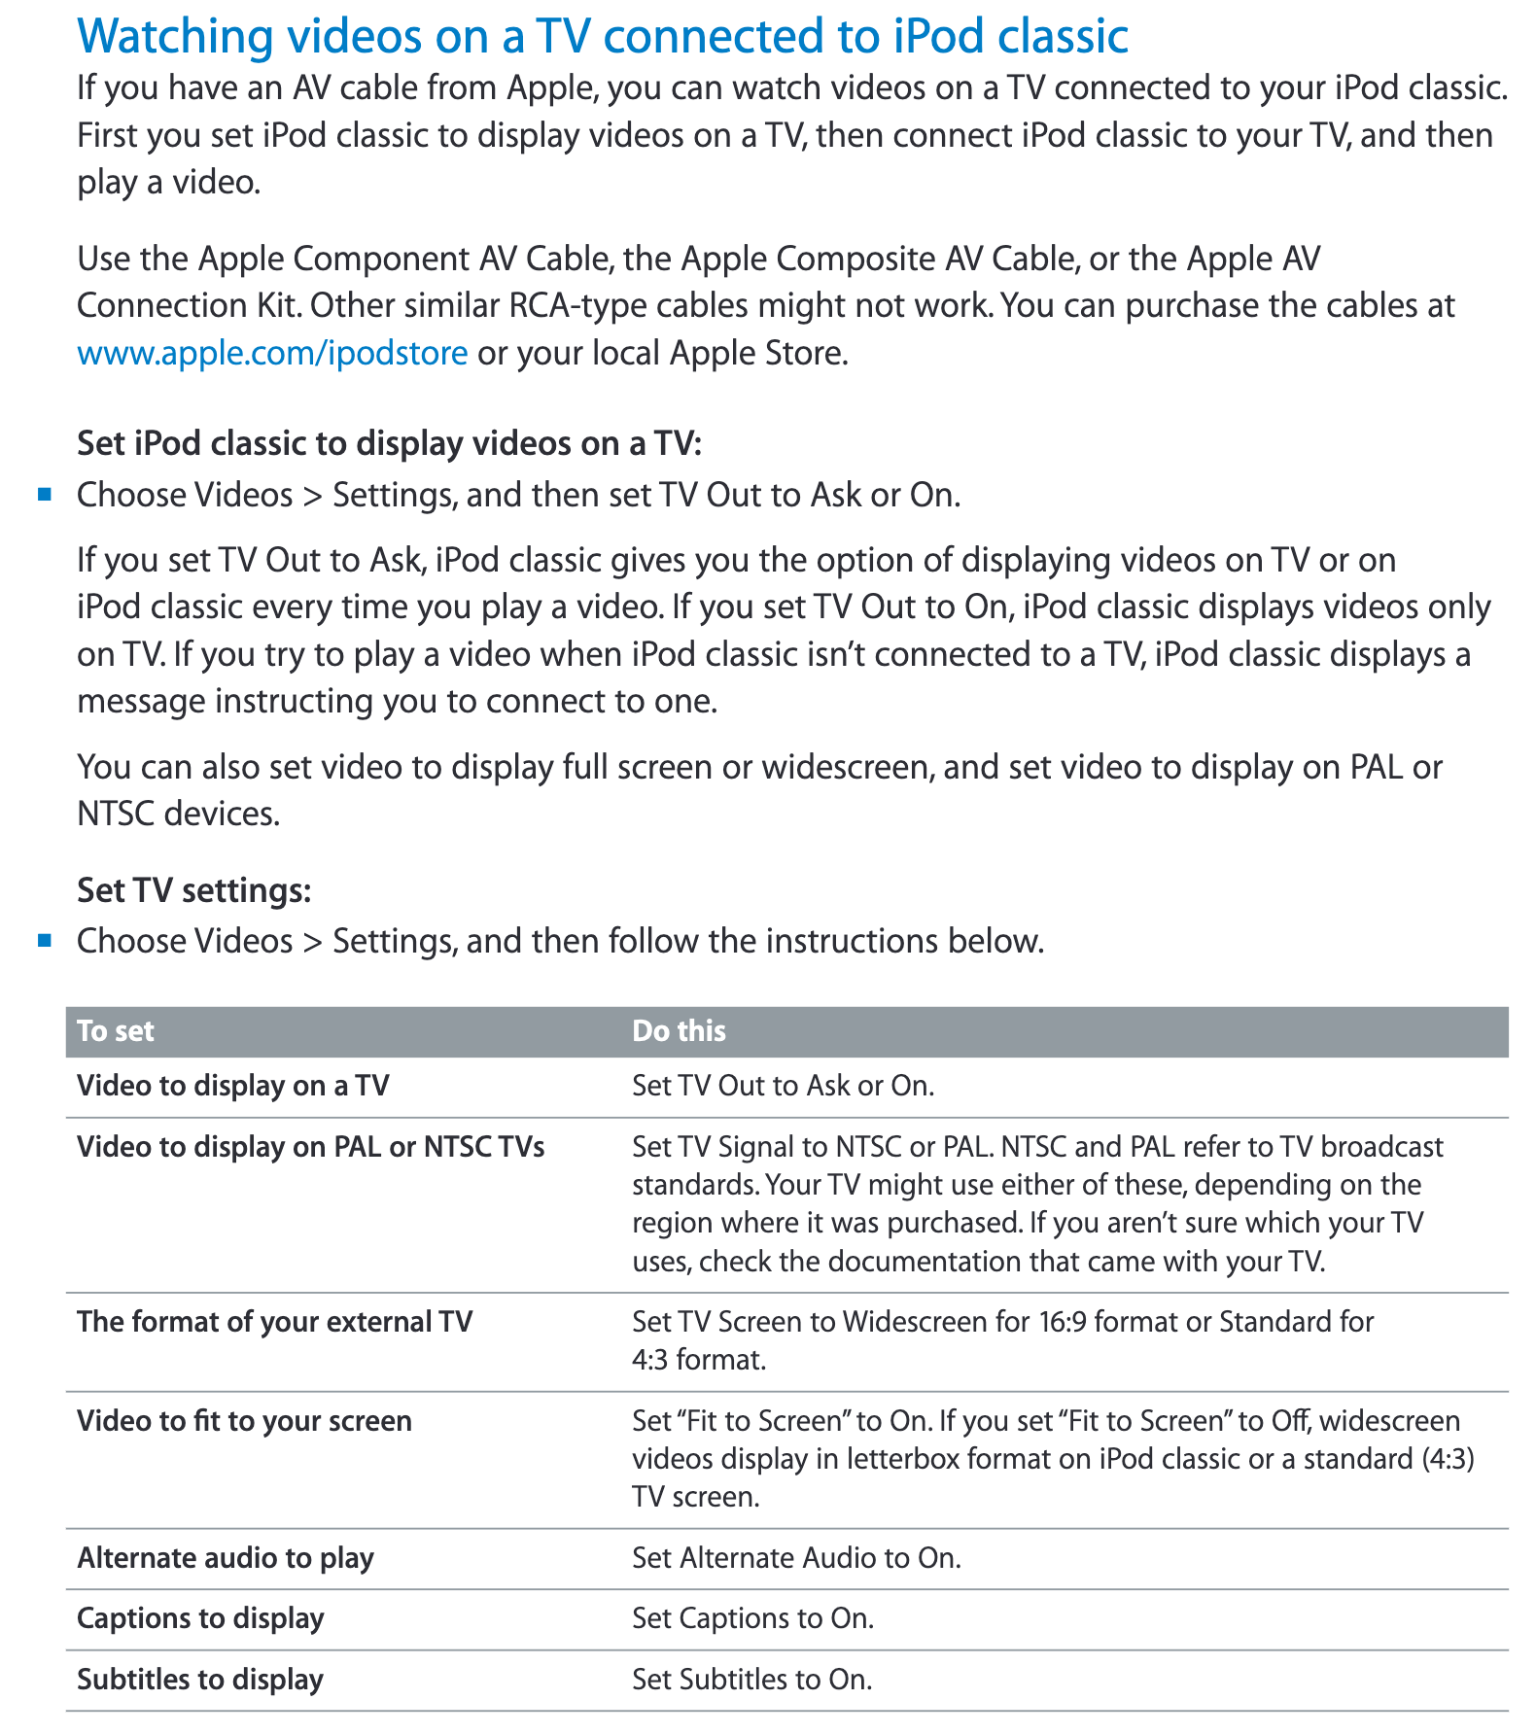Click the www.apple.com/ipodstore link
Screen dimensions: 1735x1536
click(x=272, y=352)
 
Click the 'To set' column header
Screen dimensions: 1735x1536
click(x=116, y=1030)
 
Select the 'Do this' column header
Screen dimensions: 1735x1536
click(x=679, y=1030)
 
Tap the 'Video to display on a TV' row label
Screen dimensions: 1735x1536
click(x=232, y=1085)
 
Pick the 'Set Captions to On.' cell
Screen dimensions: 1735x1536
click(x=752, y=1617)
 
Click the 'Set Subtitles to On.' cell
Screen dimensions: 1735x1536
click(x=751, y=1679)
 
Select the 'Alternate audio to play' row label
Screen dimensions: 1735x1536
click(x=225, y=1557)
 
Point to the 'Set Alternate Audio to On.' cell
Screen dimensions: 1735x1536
click(x=795, y=1557)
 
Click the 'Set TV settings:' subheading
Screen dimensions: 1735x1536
click(x=193, y=889)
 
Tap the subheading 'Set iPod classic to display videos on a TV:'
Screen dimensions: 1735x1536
click(x=389, y=443)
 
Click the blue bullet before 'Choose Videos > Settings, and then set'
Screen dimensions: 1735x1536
click(x=44, y=495)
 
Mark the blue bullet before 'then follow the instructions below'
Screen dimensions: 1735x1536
click(x=44, y=940)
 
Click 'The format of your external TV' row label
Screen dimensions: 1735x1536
click(x=274, y=1321)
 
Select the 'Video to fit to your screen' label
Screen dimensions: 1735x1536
click(x=244, y=1420)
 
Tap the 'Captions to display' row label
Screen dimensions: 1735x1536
click(x=200, y=1617)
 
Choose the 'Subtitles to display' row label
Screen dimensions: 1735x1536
click(x=199, y=1679)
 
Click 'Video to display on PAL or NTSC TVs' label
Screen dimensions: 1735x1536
click(x=310, y=1146)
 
